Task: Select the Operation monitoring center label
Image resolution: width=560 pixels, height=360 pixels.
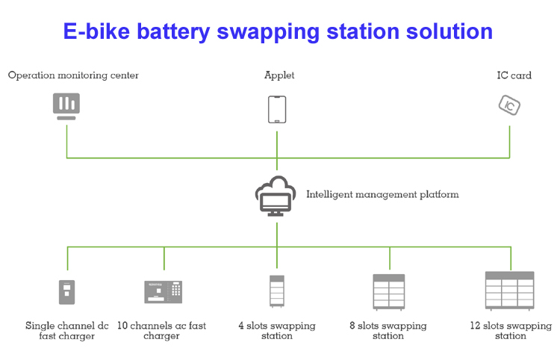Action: click(73, 75)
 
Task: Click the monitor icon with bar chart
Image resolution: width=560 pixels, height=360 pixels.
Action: click(66, 105)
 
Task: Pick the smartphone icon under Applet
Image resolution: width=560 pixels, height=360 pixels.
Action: click(277, 109)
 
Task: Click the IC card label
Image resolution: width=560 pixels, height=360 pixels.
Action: click(514, 75)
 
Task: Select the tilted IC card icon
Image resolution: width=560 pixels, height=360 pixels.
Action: click(509, 105)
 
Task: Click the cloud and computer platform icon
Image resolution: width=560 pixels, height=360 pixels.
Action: click(276, 196)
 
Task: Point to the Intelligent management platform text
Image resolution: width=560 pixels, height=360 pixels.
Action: click(382, 194)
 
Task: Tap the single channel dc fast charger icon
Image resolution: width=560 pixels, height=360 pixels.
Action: click(67, 291)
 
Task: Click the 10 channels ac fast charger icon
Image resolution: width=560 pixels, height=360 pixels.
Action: click(163, 291)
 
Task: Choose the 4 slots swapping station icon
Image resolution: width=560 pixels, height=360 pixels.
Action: click(277, 291)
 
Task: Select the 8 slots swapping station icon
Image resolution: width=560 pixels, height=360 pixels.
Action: click(389, 291)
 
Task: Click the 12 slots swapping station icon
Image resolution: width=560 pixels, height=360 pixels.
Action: click(510, 290)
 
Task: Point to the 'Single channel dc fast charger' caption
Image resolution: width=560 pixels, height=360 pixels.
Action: click(67, 331)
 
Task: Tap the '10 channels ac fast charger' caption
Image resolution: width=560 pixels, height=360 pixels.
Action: click(162, 331)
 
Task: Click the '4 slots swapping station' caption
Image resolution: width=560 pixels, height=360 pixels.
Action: click(277, 331)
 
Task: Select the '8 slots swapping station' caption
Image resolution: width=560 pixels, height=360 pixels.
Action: click(388, 331)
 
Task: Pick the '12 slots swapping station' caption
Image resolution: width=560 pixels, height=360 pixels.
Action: click(511, 331)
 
